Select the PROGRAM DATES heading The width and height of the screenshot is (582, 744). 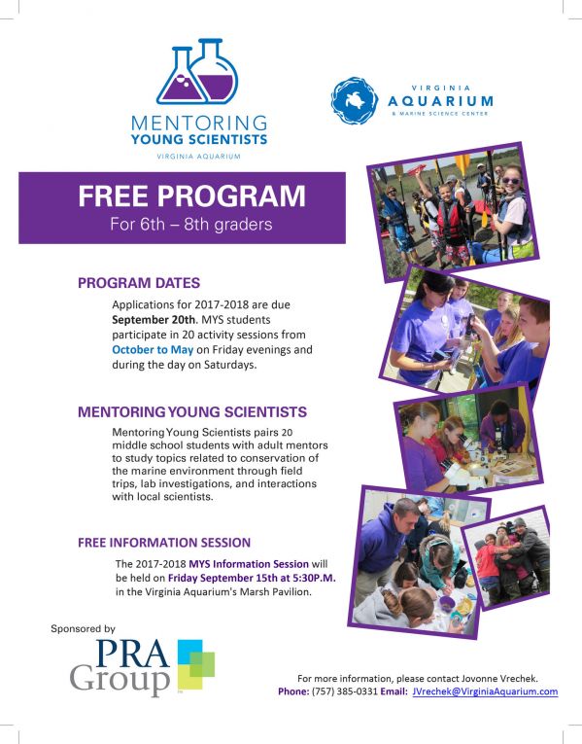click(139, 283)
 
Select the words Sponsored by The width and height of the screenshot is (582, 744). click(83, 629)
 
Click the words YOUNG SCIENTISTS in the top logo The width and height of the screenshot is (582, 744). click(199, 139)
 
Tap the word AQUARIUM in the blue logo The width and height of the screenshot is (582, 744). click(440, 100)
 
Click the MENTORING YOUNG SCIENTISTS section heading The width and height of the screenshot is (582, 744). click(192, 411)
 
